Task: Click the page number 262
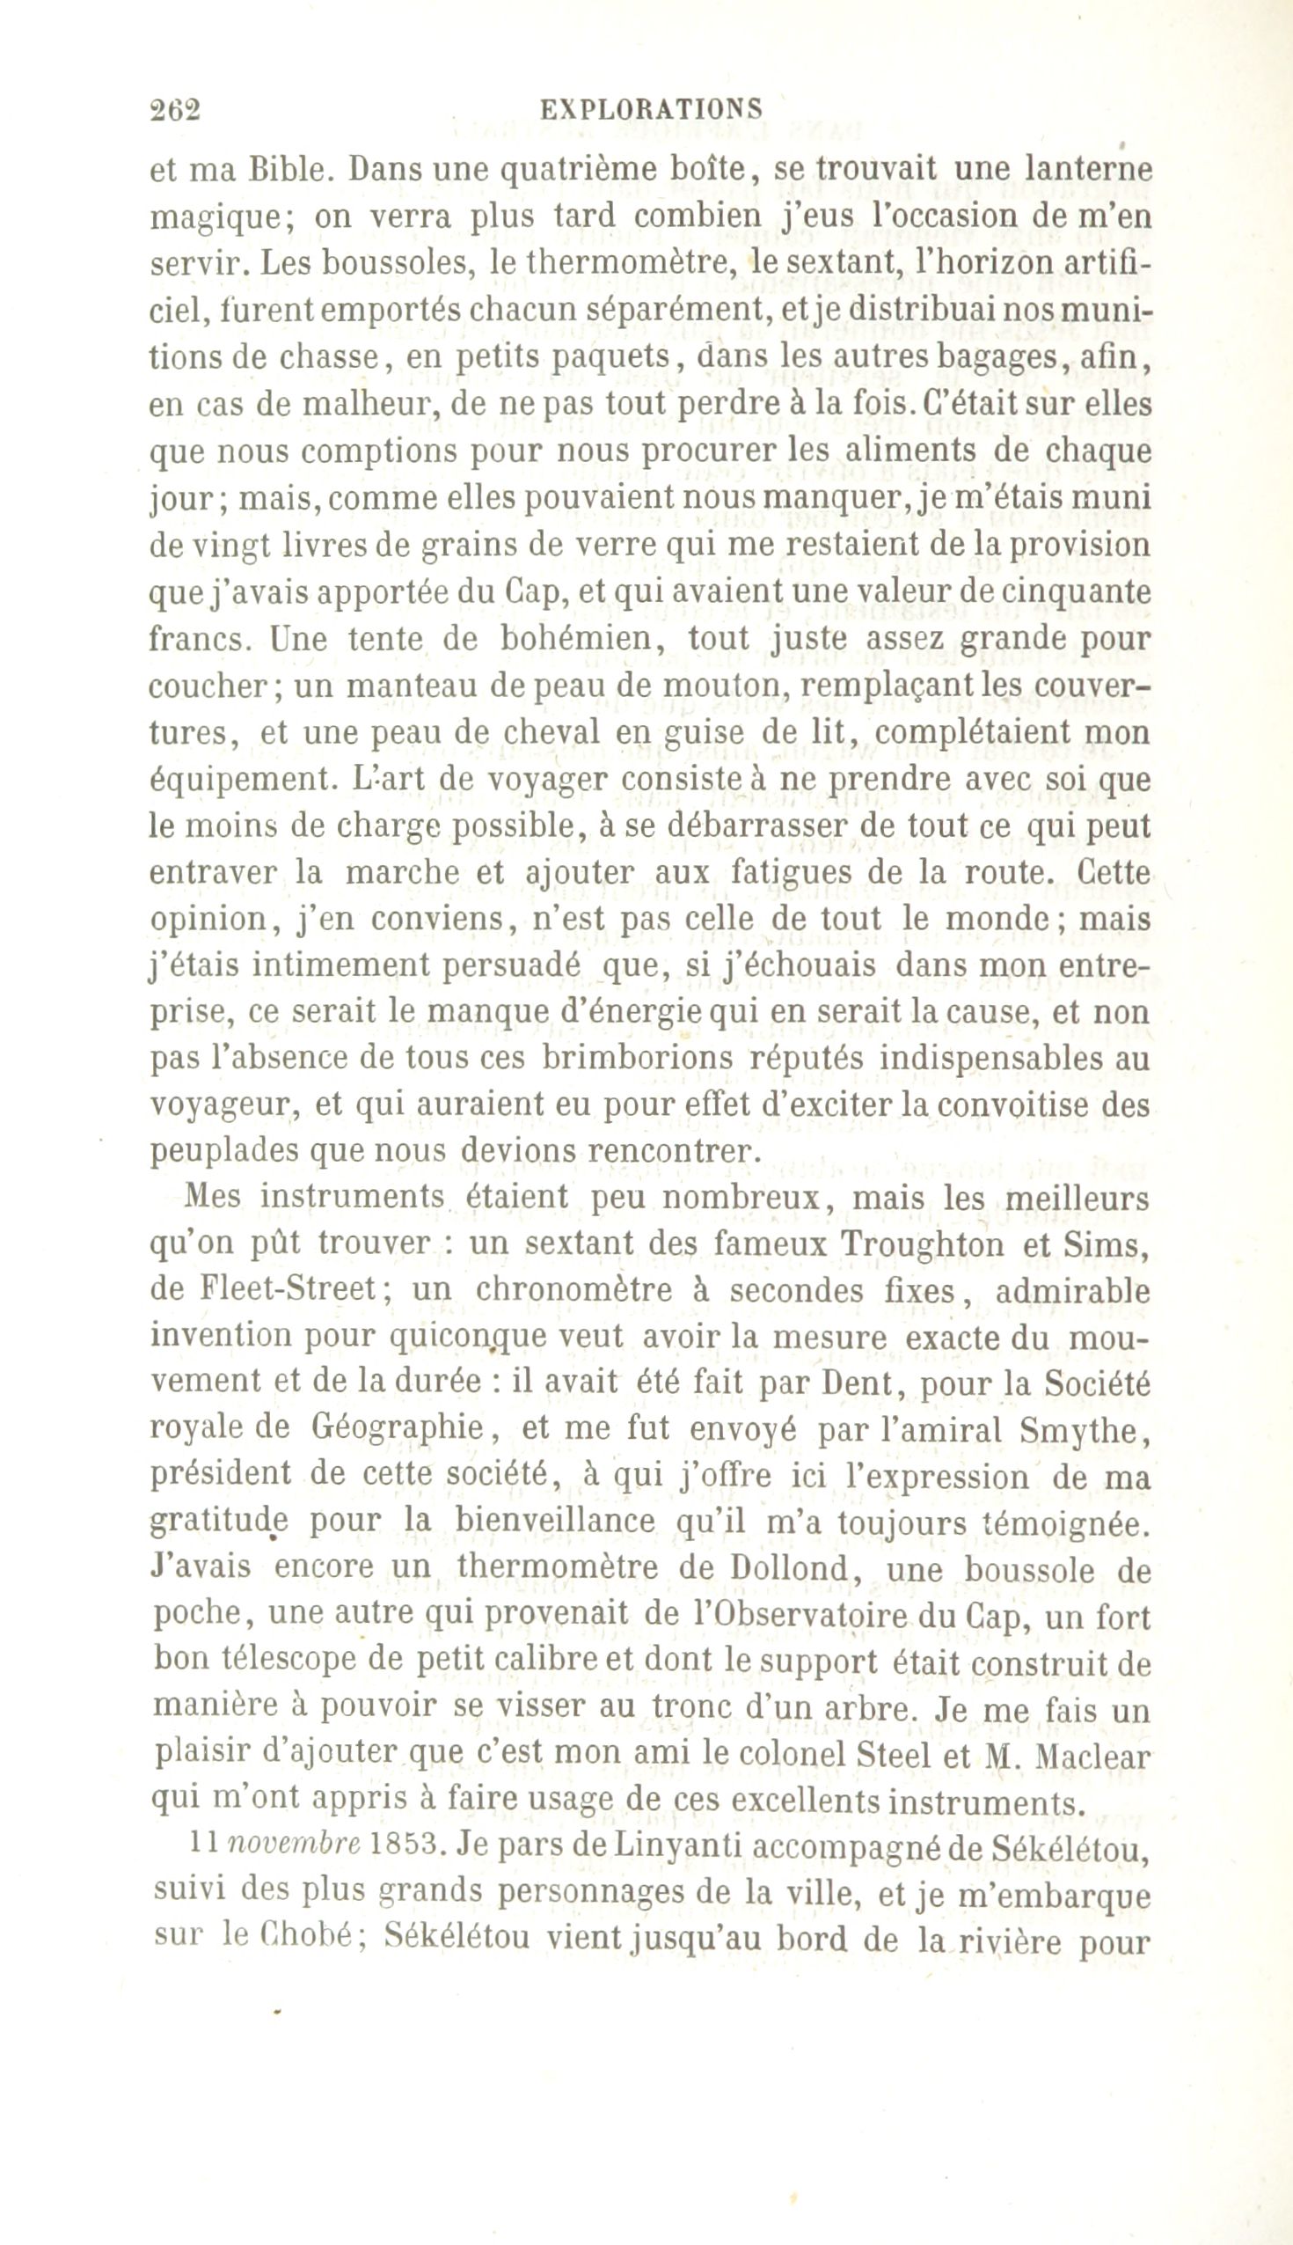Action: [x=176, y=109]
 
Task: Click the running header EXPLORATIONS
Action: [x=651, y=108]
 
